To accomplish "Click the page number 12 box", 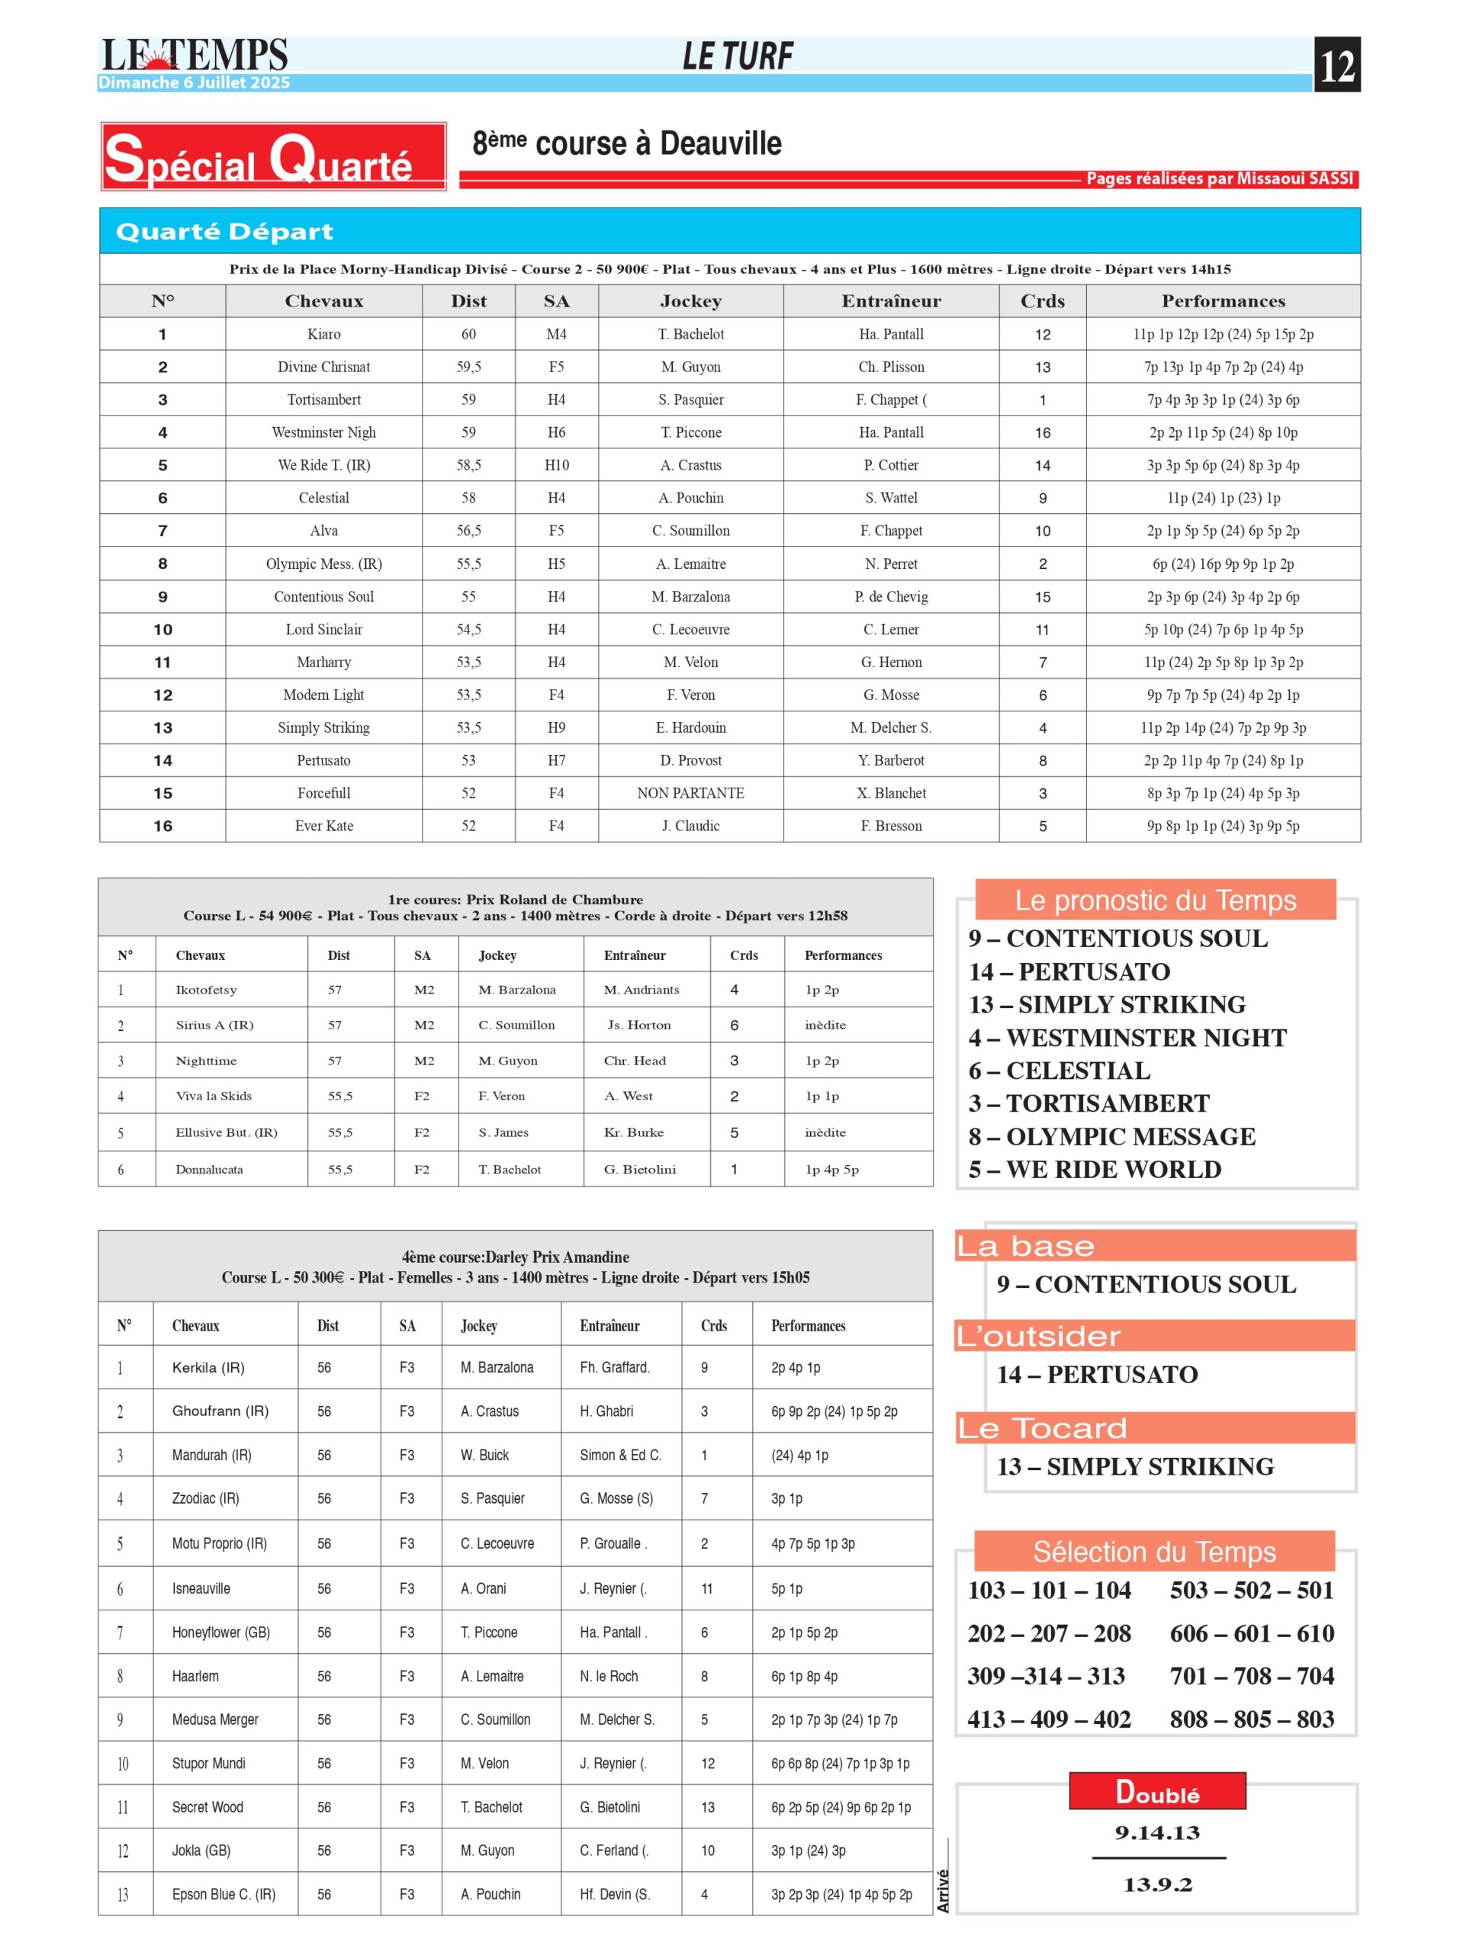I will tap(1336, 64).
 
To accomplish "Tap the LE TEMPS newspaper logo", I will tap(195, 55).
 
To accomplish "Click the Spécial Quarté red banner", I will tap(273, 157).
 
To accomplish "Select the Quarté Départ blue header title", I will tap(224, 231).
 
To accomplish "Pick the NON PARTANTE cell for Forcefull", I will tap(690, 793).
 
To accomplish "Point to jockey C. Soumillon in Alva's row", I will tap(690, 531).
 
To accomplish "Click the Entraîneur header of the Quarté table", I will tap(891, 301).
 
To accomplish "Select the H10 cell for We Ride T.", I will tap(556, 465).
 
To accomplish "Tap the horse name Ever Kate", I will tap(324, 826).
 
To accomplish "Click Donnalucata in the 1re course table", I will tap(209, 1169).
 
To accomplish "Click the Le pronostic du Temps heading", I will tap(1155, 900).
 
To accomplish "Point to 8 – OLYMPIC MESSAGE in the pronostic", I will tap(1111, 1137).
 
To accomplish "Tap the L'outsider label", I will tap(1038, 1336).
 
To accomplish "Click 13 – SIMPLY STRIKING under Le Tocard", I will tap(1135, 1466).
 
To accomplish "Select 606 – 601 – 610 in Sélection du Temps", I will tap(1252, 1633).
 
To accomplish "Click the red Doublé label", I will tap(1157, 1791).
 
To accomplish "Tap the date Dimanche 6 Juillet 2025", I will tap(195, 83).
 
